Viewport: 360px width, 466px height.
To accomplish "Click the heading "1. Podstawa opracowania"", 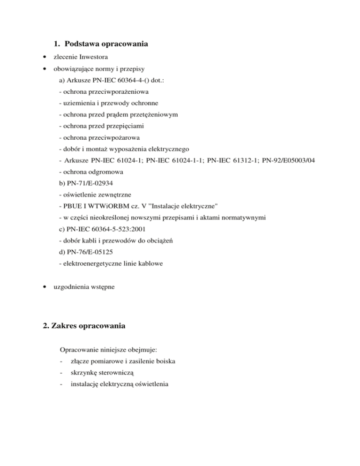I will (x=100, y=45).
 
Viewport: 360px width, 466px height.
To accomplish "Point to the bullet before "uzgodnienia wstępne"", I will (x=44, y=286).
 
